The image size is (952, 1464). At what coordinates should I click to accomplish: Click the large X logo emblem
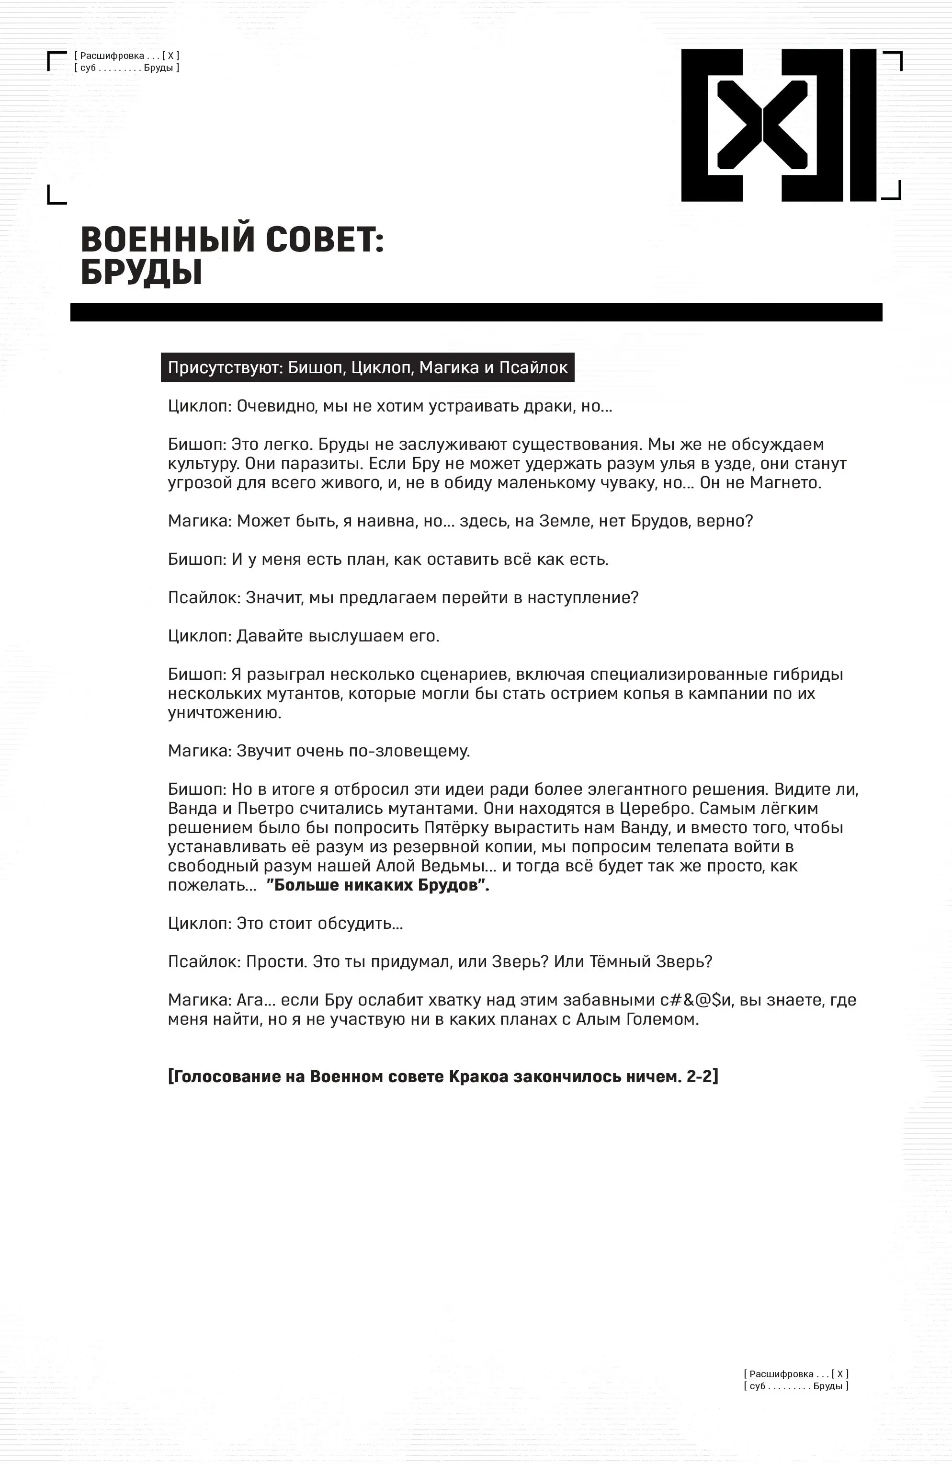(x=779, y=125)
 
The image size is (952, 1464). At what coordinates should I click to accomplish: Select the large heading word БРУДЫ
(x=141, y=273)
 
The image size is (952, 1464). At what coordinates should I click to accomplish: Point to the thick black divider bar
(x=476, y=312)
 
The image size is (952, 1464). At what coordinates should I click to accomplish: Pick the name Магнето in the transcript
(x=785, y=482)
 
